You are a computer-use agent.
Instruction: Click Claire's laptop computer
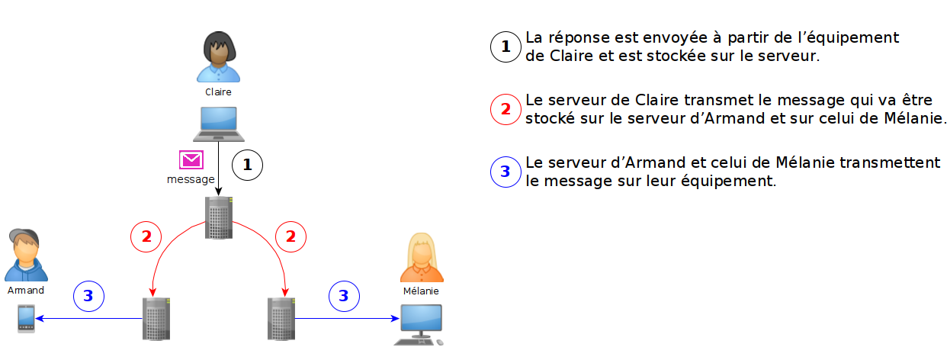point(218,124)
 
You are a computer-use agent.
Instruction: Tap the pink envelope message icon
point(191,159)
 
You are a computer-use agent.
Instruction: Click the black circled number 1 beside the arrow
point(247,164)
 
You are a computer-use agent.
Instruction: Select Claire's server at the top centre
point(218,218)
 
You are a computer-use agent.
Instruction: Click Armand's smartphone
point(27,318)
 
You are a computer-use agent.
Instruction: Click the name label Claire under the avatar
point(218,92)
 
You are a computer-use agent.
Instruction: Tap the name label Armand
point(26,291)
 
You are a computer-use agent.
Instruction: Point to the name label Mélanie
point(421,291)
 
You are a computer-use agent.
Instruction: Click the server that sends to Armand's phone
point(156,318)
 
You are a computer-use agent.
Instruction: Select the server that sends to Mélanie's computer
point(281,318)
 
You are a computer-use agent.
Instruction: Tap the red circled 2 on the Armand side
point(146,236)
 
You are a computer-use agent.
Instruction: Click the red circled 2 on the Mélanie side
point(290,236)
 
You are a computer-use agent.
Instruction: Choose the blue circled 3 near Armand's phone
point(88,296)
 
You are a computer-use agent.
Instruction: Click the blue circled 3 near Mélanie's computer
point(344,296)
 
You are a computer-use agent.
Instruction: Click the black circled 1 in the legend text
point(505,48)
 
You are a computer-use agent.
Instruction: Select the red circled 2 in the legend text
point(505,109)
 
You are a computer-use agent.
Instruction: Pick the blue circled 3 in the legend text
point(505,172)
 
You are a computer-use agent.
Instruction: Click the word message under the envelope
point(191,179)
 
